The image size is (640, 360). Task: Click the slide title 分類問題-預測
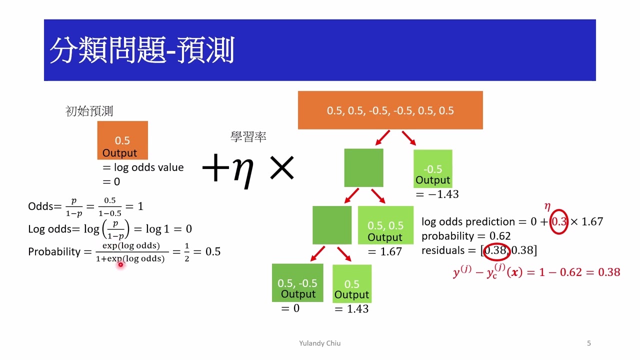click(x=141, y=50)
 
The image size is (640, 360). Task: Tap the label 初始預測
click(x=89, y=111)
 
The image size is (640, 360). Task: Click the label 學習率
click(x=248, y=136)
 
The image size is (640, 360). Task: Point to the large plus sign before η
click(x=215, y=169)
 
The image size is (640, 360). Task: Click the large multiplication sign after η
click(x=282, y=168)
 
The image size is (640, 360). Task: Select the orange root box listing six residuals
click(x=390, y=110)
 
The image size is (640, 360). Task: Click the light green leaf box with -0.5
click(x=432, y=168)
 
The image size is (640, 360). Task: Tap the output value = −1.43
click(x=436, y=194)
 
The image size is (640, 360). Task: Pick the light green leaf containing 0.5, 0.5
click(x=385, y=225)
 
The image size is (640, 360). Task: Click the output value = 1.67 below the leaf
click(x=384, y=251)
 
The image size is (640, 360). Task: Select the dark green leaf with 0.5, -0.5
click(x=297, y=283)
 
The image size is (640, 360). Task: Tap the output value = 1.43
click(x=351, y=309)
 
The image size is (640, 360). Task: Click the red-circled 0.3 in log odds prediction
click(x=558, y=221)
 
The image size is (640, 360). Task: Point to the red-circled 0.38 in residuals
click(x=495, y=250)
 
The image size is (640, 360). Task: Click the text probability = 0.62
click(x=465, y=235)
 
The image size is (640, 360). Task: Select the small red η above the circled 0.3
click(x=547, y=206)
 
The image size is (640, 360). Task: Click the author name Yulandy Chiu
click(x=319, y=343)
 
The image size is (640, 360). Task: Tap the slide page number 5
click(x=588, y=343)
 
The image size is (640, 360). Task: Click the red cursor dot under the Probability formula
click(x=120, y=264)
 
